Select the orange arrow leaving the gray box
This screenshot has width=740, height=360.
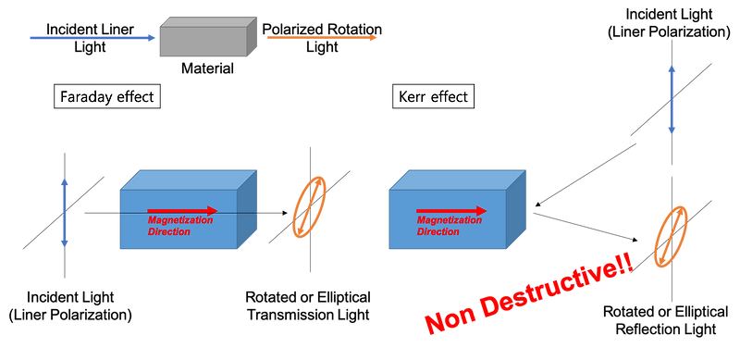[322, 38]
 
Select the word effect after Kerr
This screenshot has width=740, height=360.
[450, 97]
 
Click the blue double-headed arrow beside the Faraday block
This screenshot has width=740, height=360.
[65, 213]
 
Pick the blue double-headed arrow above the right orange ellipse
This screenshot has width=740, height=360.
[672, 99]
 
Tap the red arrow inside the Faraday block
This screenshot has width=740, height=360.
[182, 211]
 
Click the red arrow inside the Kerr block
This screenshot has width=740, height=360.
[450, 211]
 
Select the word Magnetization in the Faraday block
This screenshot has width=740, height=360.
[180, 221]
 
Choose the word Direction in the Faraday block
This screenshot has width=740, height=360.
[169, 232]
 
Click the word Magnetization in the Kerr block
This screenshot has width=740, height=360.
[449, 221]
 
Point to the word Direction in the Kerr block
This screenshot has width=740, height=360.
[438, 232]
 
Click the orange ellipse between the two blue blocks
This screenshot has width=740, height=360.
[310, 207]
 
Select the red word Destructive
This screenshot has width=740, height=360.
[555, 283]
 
